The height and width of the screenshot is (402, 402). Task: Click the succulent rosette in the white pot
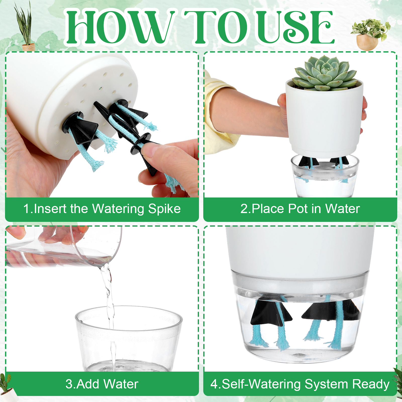tap(326, 73)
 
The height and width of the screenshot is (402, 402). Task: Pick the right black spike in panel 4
tap(332, 310)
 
